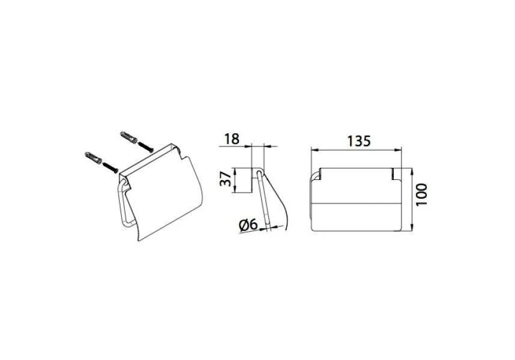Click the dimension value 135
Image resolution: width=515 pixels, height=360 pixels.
coord(359,141)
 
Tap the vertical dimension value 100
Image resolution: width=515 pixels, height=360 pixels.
coord(422,195)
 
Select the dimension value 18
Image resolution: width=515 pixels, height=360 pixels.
coord(232,139)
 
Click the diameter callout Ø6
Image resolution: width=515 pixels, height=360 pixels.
coord(248,225)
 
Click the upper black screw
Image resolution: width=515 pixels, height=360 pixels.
coord(146,146)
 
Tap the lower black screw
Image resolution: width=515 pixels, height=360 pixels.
coord(110,167)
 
